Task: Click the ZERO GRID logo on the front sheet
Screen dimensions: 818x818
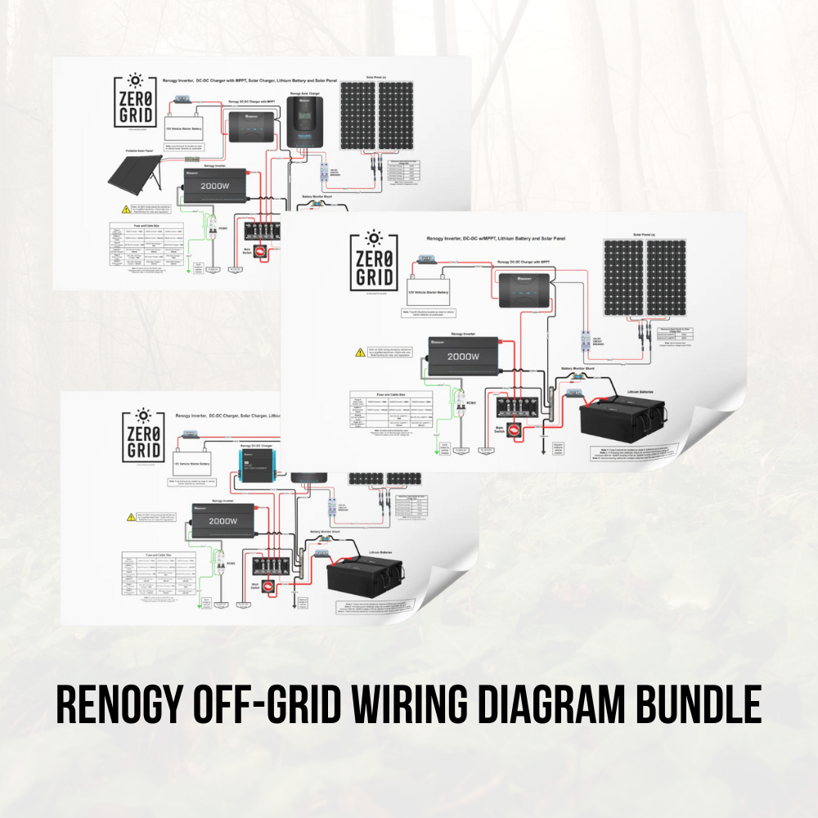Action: pos(373,261)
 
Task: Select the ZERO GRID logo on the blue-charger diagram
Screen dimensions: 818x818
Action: pos(142,437)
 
